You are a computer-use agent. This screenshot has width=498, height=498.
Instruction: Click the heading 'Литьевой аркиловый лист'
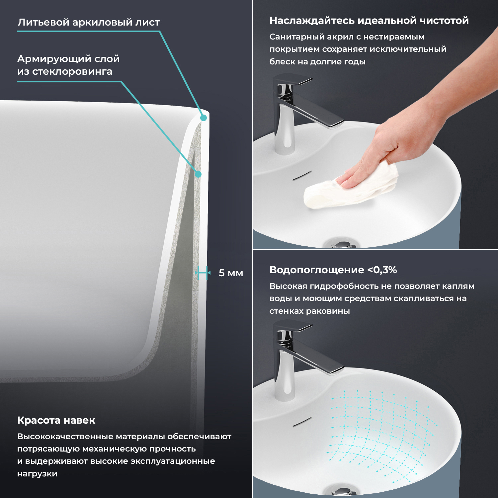[x=89, y=22]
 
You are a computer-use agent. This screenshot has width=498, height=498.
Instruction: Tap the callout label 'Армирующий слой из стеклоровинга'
[x=68, y=65]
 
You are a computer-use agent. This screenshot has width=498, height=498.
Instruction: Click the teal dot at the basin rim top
[x=204, y=118]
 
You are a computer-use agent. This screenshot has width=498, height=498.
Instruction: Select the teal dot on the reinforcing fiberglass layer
[x=198, y=174]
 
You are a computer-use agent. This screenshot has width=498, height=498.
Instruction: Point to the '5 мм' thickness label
[x=231, y=273]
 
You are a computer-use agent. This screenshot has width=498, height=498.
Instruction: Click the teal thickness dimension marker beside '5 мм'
[x=203, y=273]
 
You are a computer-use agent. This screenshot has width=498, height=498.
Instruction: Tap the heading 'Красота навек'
[x=56, y=420]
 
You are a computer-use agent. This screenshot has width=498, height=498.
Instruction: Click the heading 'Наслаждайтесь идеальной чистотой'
[x=369, y=21]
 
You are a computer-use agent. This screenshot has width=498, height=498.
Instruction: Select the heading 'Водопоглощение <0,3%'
[x=333, y=270]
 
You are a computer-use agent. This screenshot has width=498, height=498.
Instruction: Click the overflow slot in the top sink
[x=302, y=176]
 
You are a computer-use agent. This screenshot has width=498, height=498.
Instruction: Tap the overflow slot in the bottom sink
[x=302, y=422]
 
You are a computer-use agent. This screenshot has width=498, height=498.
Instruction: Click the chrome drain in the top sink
[x=341, y=244]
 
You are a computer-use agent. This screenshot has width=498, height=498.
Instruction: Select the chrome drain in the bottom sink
[x=341, y=491]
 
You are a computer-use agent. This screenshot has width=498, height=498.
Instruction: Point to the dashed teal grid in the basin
[x=382, y=435]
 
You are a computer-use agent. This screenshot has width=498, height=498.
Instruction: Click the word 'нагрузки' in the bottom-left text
[x=37, y=474]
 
